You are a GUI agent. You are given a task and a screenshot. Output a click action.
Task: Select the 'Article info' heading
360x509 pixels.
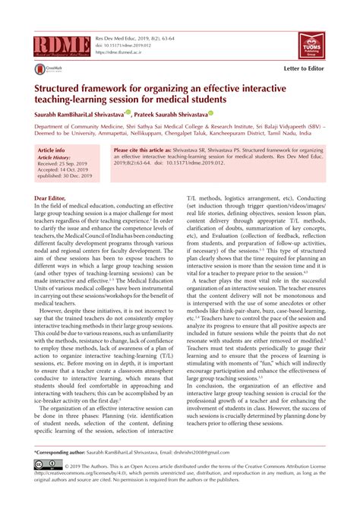tap(51, 151)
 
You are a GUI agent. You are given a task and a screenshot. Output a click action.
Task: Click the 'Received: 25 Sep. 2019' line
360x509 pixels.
tap(66, 165)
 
